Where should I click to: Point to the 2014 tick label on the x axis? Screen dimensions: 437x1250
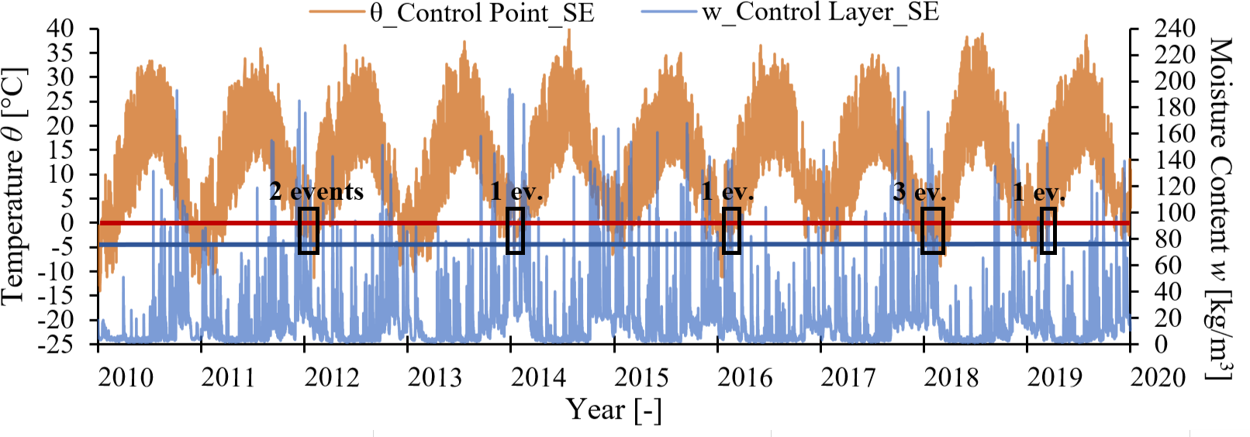(538, 378)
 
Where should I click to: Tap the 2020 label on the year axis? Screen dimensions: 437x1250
(1158, 378)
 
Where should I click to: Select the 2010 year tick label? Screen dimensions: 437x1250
(126, 378)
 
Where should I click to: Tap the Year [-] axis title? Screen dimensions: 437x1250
(613, 409)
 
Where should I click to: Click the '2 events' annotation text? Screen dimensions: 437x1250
(316, 191)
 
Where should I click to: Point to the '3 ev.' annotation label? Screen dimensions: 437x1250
(919, 191)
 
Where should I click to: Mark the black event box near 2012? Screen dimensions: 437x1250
(309, 230)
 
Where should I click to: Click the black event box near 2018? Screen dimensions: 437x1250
(933, 230)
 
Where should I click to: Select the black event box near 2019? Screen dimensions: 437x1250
(1048, 230)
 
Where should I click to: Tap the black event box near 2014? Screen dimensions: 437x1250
(515, 230)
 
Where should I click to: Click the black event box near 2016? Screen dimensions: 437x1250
(731, 230)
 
